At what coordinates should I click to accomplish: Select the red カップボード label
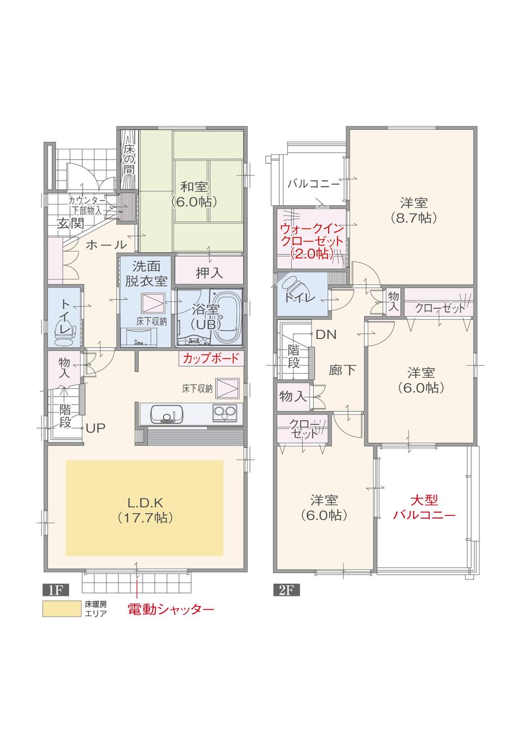(211, 358)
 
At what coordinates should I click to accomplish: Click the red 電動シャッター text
(171, 609)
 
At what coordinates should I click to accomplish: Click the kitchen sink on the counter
(166, 414)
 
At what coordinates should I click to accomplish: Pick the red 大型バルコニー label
(424, 507)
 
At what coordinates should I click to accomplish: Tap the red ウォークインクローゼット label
(312, 241)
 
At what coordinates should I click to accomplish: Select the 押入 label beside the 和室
(209, 272)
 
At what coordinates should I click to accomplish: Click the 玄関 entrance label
(70, 224)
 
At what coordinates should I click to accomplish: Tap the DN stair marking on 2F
(326, 334)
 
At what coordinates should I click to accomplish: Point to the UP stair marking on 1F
(96, 428)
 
